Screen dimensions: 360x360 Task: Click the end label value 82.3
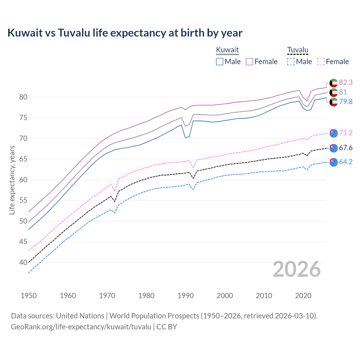(346, 82)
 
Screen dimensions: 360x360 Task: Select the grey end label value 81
(343, 92)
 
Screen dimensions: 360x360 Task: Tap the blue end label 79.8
(346, 102)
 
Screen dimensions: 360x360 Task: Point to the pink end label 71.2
(346, 133)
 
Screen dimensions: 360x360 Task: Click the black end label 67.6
(346, 148)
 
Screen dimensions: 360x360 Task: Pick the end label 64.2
(346, 162)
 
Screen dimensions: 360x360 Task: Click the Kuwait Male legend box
(220, 62)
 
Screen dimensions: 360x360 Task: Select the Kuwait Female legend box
(249, 62)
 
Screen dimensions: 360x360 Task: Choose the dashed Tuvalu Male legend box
(291, 62)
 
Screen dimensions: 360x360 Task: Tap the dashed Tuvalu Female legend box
(321, 62)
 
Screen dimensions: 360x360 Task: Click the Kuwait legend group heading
(227, 50)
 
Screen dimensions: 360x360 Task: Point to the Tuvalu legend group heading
(298, 50)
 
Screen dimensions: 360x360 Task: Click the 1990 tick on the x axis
(186, 296)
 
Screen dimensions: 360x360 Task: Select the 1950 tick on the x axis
(29, 296)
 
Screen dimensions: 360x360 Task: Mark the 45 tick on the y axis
(23, 242)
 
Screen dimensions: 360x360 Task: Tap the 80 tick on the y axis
(23, 97)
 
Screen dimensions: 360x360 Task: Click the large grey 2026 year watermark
(297, 269)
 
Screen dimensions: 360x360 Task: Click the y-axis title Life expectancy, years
(12, 180)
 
